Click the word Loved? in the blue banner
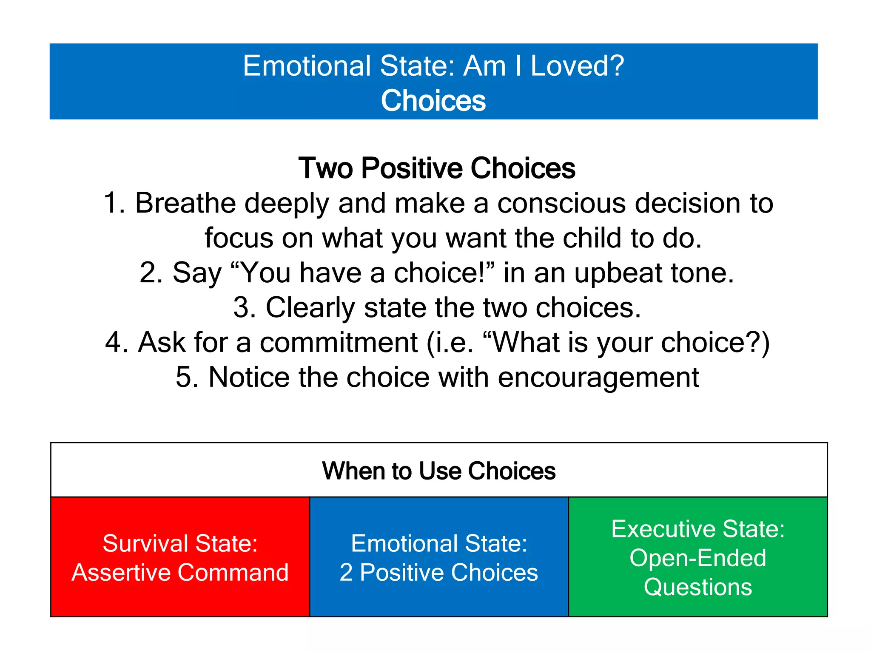pyautogui.click(x=577, y=66)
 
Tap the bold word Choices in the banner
pyautogui.click(x=433, y=101)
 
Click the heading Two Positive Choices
pyautogui.click(x=436, y=168)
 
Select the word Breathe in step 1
pyautogui.click(x=185, y=203)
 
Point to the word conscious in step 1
pyautogui.click(x=561, y=203)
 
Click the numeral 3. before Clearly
pyautogui.click(x=245, y=307)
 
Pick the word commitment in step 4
pyautogui.click(x=339, y=342)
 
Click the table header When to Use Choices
pyautogui.click(x=438, y=471)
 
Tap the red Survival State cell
pyautogui.click(x=180, y=557)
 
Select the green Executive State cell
pyautogui.click(x=697, y=557)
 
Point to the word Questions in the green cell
pyautogui.click(x=697, y=587)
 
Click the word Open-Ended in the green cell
pyautogui.click(x=697, y=558)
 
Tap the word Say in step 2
pyautogui.click(x=196, y=273)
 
